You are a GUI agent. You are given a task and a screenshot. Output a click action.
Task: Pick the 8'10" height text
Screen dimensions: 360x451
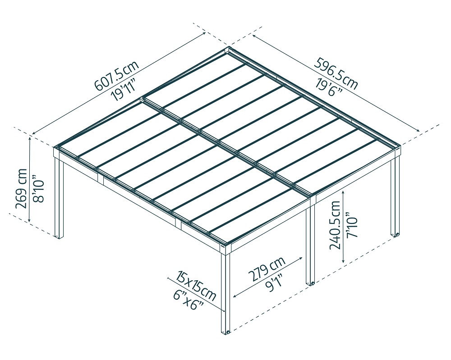38,189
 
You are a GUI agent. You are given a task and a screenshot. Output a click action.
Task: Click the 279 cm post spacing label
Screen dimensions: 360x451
266,270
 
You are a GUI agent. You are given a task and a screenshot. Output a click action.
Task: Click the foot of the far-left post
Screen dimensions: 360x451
59,236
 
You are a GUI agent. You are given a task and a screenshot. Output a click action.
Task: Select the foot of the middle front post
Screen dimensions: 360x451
311,283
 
